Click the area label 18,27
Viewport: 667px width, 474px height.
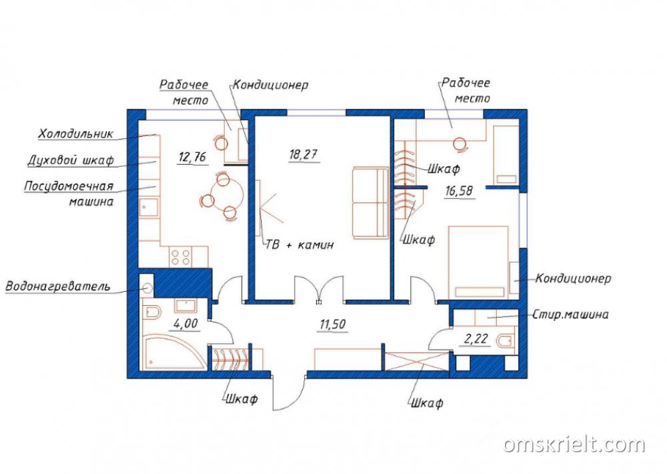pos(303,154)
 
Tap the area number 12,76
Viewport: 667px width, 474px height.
pos(192,157)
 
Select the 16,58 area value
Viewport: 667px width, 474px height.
pos(459,191)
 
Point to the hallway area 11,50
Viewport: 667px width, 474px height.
pos(333,324)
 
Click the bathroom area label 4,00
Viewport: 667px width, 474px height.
pos(185,323)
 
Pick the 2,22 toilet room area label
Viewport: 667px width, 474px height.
pos(476,339)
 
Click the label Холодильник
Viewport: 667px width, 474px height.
pos(76,134)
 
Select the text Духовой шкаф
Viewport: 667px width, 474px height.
pos(71,160)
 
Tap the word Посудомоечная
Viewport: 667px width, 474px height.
pos(69,186)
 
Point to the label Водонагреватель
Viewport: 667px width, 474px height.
pos(58,286)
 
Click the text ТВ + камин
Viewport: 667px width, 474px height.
pos(299,245)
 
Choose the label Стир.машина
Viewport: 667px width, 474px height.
pos(570,314)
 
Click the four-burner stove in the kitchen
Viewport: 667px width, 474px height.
pos(180,257)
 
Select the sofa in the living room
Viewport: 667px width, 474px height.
pos(370,203)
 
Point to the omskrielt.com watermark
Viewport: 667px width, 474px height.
pos(574,444)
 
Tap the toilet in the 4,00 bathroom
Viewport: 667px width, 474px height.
pos(152,312)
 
